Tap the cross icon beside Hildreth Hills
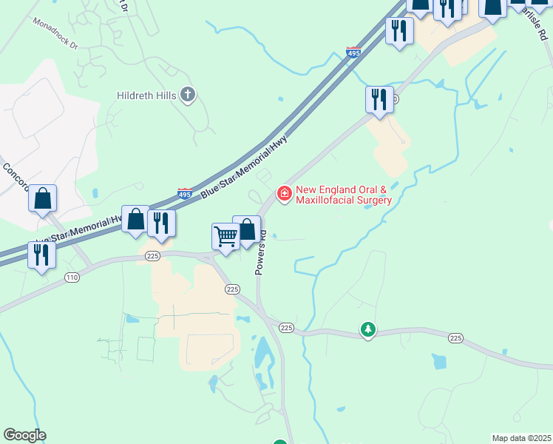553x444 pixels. [x=189, y=94]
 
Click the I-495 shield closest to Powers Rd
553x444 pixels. [x=185, y=194]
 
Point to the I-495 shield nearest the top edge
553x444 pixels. [x=353, y=53]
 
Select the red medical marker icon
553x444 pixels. [x=283, y=194]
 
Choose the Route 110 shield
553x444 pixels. [x=72, y=277]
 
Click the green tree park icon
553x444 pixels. [x=367, y=328]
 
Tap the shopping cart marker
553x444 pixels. [x=225, y=237]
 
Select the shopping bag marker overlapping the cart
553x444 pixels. [x=247, y=229]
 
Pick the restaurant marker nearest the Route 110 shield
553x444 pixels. [x=41, y=255]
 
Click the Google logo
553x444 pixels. [x=24, y=435]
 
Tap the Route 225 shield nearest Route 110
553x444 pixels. [x=152, y=256]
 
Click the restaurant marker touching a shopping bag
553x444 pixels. [x=160, y=223]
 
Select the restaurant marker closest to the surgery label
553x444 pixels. [x=380, y=99]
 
